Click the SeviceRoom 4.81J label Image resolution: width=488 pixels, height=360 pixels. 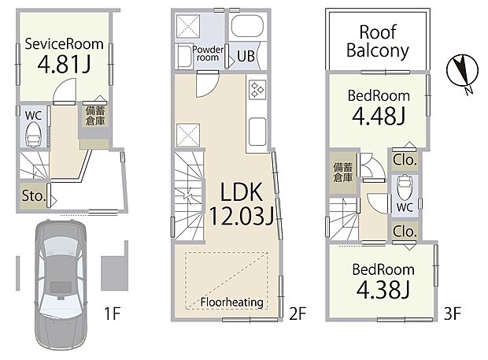pyautogui.click(x=64, y=55)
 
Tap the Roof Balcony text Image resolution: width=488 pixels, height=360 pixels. pyautogui.click(x=378, y=42)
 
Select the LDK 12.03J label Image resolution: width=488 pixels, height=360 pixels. pyautogui.click(x=241, y=204)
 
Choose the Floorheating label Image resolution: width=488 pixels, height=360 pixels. pyautogui.click(x=232, y=302)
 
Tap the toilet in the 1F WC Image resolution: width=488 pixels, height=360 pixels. pyautogui.click(x=33, y=134)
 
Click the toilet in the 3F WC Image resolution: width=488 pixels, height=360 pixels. pyautogui.click(x=404, y=188)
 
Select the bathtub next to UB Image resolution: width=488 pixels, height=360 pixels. pyautogui.click(x=248, y=25)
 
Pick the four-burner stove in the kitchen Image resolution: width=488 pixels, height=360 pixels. pyautogui.click(x=257, y=90)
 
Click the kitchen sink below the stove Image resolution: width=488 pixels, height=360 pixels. pyautogui.click(x=257, y=131)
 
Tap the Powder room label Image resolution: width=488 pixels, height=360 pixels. pyautogui.click(x=208, y=54)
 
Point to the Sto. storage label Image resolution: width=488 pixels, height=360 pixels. pyautogui.click(x=34, y=196)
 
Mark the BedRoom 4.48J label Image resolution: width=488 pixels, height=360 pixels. pyautogui.click(x=379, y=107)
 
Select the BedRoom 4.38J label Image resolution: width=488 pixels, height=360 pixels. pyautogui.click(x=383, y=280)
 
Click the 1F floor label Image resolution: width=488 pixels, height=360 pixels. pyautogui.click(x=112, y=313)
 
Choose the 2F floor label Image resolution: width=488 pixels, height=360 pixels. pyautogui.click(x=298, y=314)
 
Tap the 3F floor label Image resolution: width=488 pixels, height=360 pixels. pyautogui.click(x=453, y=314)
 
